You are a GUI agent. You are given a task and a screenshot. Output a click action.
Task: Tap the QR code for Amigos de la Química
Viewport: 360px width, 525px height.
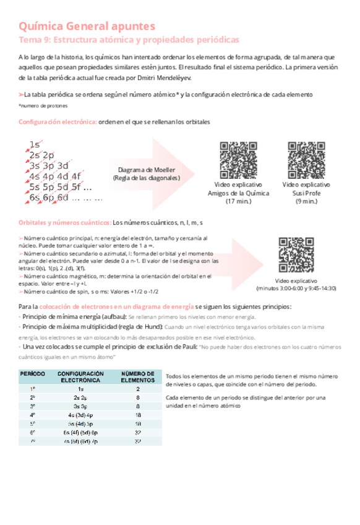238,160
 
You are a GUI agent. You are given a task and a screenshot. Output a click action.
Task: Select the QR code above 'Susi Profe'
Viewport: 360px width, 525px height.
306,160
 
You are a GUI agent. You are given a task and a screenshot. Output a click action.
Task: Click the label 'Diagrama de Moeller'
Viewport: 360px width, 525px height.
146,170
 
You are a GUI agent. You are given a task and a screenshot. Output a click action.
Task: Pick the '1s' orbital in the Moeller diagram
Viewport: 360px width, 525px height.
35,144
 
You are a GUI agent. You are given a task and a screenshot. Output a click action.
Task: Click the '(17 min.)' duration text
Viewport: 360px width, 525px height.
239,202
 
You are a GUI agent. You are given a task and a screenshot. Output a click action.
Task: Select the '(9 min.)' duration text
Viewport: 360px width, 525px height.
306,202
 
